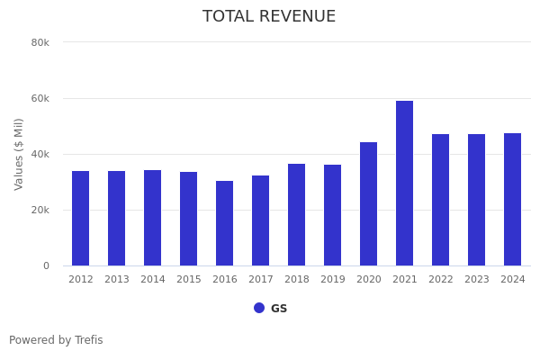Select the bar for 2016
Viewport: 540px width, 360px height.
tap(224, 223)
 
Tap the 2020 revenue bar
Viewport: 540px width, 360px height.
tap(368, 203)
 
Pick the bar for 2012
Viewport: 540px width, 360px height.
tap(80, 218)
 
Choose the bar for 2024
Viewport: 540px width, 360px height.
tap(512, 199)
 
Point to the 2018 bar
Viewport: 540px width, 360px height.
tap(296, 214)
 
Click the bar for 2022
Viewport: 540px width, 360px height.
tap(440, 200)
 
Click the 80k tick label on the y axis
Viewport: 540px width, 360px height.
tap(40, 42)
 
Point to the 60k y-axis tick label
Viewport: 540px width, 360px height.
tap(40, 98)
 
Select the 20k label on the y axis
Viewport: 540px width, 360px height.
tap(40, 210)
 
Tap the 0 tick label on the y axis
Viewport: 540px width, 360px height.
tap(45, 265)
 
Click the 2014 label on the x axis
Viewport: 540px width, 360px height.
tap(152, 280)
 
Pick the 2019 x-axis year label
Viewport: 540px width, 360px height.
tap(332, 280)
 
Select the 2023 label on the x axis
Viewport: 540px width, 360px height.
tap(476, 280)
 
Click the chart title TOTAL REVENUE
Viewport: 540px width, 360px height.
tap(269, 17)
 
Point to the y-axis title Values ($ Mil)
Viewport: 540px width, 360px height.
tap(19, 154)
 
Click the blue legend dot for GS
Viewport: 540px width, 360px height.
tap(259, 308)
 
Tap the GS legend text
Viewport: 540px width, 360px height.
tap(279, 309)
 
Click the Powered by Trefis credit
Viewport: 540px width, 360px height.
tap(56, 340)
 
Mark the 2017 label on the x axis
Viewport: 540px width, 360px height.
tap(260, 280)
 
